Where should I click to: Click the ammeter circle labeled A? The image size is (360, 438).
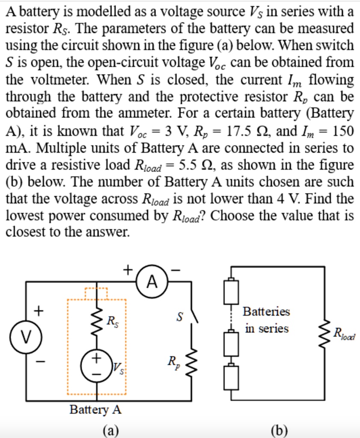click(152, 281)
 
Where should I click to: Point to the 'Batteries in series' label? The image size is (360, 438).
click(266, 320)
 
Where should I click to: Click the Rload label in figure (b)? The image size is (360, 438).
click(345, 334)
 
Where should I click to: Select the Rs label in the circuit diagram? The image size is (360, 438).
click(112, 320)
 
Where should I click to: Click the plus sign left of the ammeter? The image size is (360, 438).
click(127, 269)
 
